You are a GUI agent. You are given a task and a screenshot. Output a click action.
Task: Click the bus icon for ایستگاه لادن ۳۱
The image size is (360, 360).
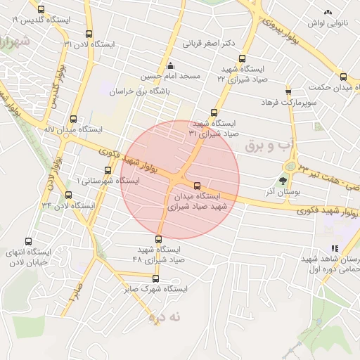(x=88, y=33)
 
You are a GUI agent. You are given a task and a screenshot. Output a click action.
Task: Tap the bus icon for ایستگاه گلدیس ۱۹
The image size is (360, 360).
(x=41, y=9)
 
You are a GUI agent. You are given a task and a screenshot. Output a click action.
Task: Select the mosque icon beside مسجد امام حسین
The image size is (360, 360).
(x=169, y=65)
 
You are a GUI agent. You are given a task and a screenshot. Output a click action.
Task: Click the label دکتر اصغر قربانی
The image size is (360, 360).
(x=208, y=43)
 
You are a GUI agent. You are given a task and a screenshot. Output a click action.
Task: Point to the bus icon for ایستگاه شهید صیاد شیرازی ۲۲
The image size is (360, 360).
(x=243, y=58)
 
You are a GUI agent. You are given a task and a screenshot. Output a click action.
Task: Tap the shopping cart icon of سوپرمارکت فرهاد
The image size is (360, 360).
(x=288, y=92)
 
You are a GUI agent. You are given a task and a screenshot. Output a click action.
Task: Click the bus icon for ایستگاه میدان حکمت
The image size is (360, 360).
(x=343, y=77)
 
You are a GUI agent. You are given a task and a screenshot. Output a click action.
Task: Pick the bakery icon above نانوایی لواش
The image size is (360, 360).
(x=327, y=12)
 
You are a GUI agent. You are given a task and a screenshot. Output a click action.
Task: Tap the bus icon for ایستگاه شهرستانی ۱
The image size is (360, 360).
(x=108, y=169)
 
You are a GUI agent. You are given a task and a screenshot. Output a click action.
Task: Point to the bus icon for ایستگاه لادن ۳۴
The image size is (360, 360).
(x=68, y=195)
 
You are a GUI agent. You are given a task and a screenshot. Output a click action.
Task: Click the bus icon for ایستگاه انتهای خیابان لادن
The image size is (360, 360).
(x=28, y=241)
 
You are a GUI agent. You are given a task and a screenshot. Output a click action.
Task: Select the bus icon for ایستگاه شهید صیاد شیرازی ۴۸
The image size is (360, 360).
(x=158, y=239)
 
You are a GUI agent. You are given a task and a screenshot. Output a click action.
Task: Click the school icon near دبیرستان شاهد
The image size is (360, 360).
(x=335, y=248)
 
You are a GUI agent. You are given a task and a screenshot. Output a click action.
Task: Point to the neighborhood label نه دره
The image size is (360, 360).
(x=165, y=317)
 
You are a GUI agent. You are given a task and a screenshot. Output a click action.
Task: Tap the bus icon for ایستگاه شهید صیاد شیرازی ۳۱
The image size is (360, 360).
(x=214, y=112)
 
